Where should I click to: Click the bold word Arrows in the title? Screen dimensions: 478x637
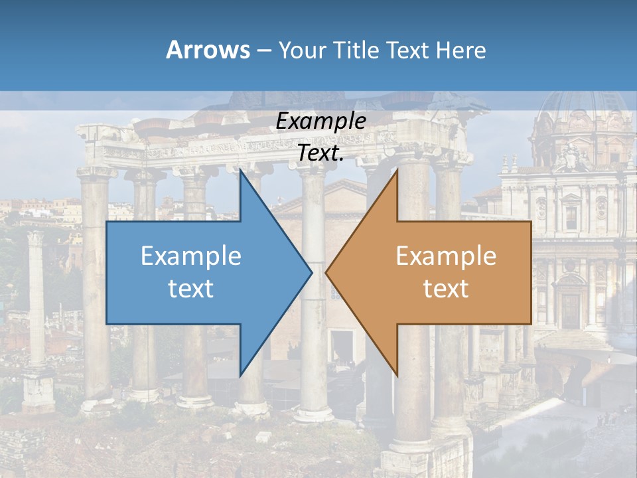point(208,50)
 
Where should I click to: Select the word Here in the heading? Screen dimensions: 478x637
point(460,50)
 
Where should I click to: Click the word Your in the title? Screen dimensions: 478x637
point(302,50)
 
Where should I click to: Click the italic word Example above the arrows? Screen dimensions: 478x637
point(320,121)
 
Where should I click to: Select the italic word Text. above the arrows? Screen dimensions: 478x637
point(320,153)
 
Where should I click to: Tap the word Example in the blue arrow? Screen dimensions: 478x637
point(191,256)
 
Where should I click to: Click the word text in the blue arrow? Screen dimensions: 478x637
point(191,288)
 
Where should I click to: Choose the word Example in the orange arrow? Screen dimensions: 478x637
point(446,256)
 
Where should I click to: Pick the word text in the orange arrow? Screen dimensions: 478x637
point(446,288)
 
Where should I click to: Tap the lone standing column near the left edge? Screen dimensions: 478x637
point(36,299)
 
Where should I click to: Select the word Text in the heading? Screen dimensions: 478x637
point(408,50)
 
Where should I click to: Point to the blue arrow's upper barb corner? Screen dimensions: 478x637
point(241,171)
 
